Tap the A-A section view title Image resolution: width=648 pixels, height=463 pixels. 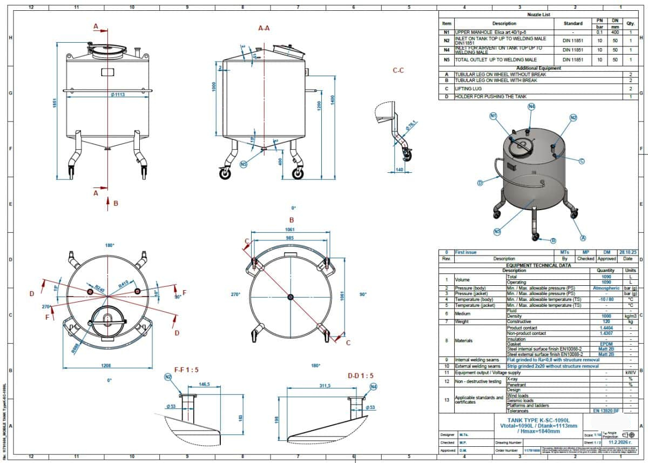264,28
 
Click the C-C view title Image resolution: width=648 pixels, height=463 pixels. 399,71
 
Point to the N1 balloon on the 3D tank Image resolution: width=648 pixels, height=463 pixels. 493,116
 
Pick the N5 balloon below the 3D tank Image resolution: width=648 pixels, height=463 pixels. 497,231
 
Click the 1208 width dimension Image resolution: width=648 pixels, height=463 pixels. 106,366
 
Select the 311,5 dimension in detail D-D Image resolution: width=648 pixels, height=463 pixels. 325,385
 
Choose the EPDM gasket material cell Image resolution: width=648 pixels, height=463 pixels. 606,344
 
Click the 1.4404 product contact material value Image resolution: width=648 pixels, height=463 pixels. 606,328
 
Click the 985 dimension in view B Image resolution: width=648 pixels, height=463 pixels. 289,238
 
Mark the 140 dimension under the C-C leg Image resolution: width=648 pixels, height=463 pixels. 399,170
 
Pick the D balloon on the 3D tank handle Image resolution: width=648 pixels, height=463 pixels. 479,183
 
